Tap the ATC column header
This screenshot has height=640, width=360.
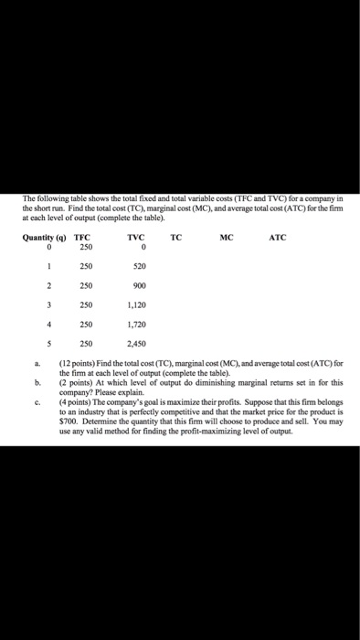(279, 237)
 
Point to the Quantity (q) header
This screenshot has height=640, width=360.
(42, 237)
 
